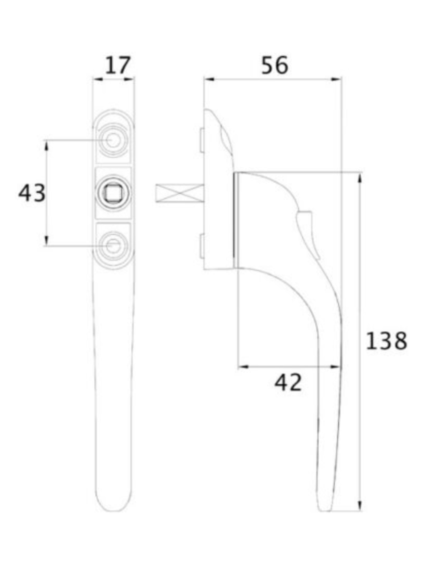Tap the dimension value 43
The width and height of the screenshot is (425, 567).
coord(32,193)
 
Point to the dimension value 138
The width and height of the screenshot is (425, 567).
coord(386,341)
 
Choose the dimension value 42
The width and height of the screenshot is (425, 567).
coord(288,382)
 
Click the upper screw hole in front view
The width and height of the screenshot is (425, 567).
coord(113,140)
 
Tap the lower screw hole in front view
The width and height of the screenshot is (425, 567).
coord(113,245)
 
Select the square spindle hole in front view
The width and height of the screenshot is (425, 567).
coord(113,193)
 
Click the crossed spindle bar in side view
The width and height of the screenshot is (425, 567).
coord(179,194)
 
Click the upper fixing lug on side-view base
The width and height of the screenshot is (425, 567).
coord(202,140)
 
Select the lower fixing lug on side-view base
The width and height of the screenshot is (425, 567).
coord(202,246)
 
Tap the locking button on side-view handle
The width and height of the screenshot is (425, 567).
coord(307,232)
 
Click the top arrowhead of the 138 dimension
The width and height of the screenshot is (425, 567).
coord(360,177)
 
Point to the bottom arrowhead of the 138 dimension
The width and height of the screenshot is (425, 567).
coord(360,507)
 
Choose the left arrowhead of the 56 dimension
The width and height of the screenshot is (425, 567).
coord(208,79)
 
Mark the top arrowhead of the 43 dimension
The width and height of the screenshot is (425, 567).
coord(46,145)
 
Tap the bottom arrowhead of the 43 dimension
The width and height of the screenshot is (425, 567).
coord(46,241)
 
